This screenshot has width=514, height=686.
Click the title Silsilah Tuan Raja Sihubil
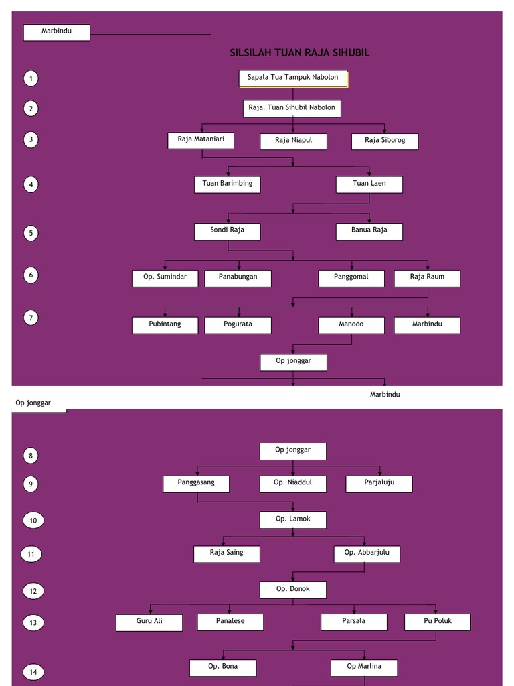point(299,53)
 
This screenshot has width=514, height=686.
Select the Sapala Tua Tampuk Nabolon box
point(293,78)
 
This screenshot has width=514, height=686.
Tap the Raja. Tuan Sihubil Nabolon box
point(292,109)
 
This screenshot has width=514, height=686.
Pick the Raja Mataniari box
point(201,141)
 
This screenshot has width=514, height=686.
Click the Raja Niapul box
point(293,141)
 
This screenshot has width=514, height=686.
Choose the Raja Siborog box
point(385,141)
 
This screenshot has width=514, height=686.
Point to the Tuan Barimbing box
point(228,184)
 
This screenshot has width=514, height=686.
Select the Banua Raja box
point(369,231)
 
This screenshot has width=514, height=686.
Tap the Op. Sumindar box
point(165,278)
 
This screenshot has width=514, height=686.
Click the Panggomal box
point(351,278)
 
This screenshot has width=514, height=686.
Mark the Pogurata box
point(238,326)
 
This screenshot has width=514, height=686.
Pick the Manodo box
point(351,326)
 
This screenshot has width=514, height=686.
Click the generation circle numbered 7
point(30,318)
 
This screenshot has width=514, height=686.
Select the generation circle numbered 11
point(31,555)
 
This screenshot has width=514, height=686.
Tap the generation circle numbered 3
point(30,140)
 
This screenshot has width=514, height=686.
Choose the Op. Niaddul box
point(293,484)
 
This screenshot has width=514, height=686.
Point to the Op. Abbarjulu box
point(367,554)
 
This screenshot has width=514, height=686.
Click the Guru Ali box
point(149,622)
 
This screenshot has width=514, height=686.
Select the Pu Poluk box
point(438,622)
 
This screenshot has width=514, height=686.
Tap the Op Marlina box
point(364,667)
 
